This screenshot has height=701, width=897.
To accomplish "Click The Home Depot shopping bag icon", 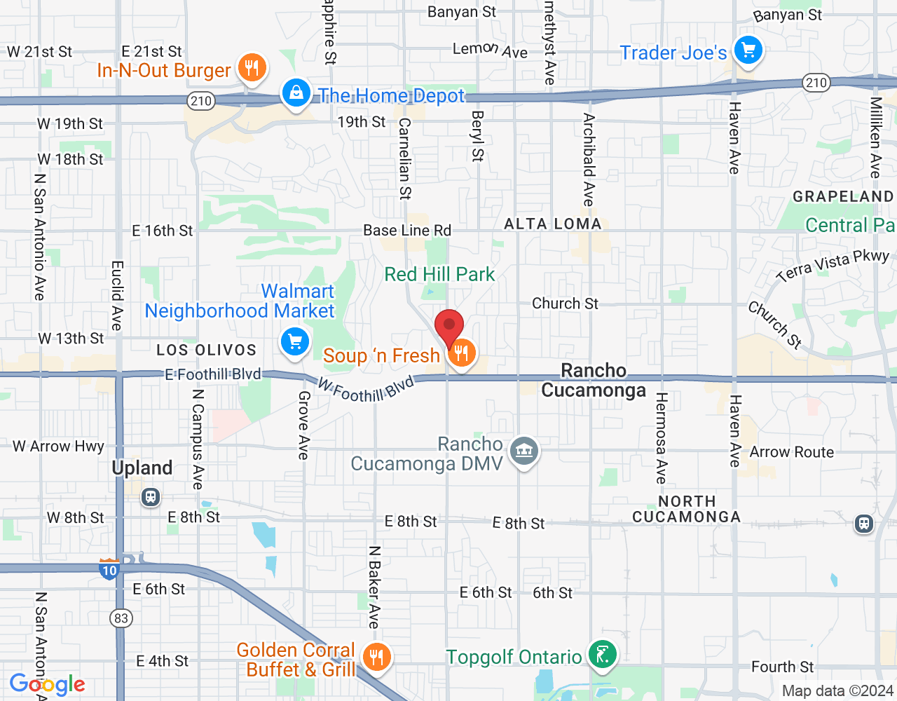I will [296, 93].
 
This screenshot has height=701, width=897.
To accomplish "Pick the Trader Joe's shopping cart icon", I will [748, 50].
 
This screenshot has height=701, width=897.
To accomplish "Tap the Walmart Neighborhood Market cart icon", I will [295, 342].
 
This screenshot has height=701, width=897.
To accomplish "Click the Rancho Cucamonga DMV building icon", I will [524, 451].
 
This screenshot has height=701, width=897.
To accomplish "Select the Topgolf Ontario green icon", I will [602, 655].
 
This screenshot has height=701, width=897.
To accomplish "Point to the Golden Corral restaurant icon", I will [376, 658].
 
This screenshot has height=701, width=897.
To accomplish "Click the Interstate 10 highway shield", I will [109, 569].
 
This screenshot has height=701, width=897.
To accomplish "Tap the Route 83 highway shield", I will [121, 618].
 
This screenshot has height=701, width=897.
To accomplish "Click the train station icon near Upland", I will [150, 498].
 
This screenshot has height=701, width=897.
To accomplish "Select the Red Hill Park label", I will [439, 274].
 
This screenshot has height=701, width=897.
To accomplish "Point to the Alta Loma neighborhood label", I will [553, 224].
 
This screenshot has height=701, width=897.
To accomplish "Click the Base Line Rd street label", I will [407, 230].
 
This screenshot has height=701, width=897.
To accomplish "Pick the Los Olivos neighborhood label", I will [206, 350].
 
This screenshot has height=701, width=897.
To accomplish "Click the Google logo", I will [48, 685].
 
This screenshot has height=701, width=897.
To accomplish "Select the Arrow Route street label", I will [792, 452].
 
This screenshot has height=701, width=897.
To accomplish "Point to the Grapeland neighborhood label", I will [843, 196].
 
